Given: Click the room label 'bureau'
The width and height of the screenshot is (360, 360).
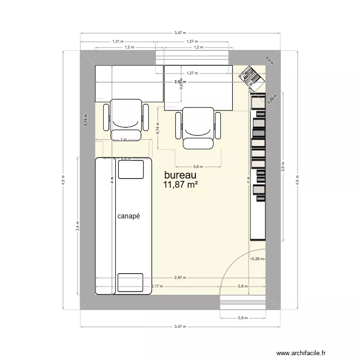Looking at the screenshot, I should [x=180, y=175].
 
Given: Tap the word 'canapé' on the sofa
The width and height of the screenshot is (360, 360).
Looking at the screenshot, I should [x=128, y=216].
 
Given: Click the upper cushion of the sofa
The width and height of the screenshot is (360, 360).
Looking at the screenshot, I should [x=131, y=169].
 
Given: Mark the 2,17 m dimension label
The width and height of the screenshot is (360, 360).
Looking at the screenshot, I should [x=157, y=287].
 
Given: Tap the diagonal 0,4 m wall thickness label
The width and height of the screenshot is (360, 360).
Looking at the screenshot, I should [x=269, y=61].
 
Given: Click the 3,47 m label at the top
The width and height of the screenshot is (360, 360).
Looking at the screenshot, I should [x=180, y=33].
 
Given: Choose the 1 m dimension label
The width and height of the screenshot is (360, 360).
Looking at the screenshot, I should [x=124, y=140].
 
